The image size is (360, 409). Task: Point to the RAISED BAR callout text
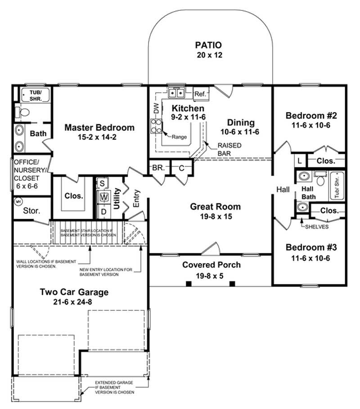point(229,149)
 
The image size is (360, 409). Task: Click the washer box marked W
point(103,197)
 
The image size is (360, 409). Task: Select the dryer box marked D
point(103,211)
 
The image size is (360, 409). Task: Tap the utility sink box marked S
point(102,183)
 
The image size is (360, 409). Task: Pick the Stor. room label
point(31,210)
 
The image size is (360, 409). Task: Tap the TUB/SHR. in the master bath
point(36,94)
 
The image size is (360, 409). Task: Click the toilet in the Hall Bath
point(320,180)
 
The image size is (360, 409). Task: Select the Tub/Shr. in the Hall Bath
point(337,185)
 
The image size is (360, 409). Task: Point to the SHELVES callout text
point(317,227)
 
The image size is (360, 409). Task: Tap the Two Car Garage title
point(74,292)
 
